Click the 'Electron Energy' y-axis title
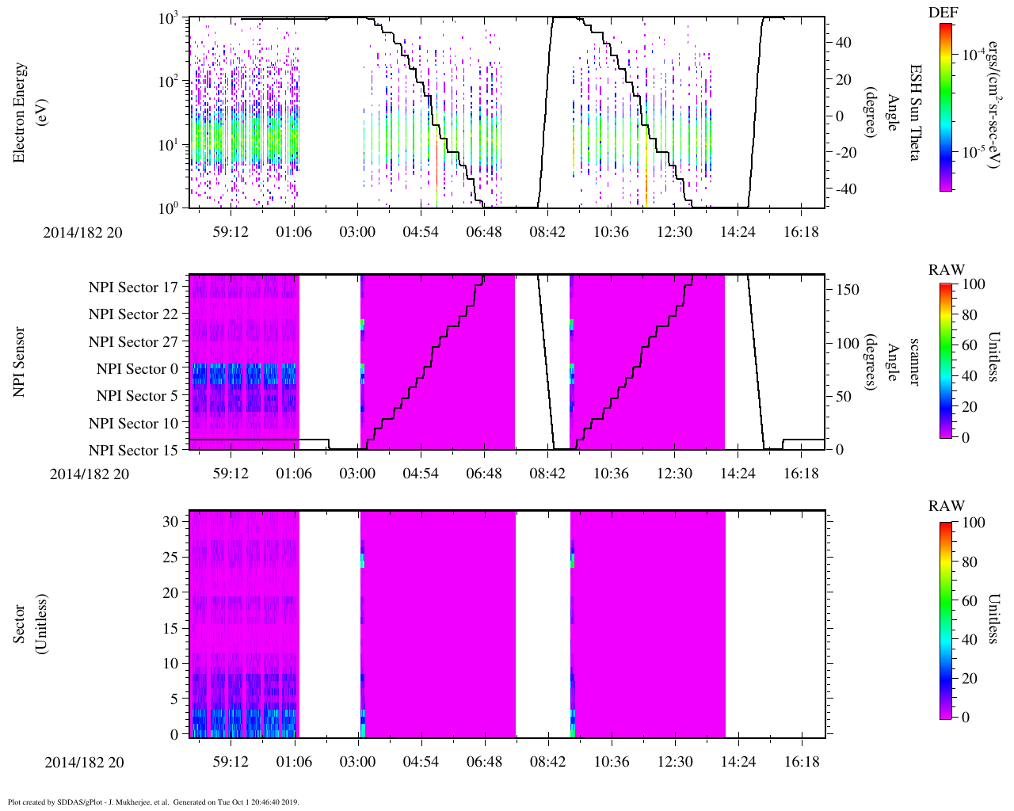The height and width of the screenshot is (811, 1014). tap(20, 112)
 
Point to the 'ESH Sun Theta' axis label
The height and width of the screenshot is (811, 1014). tap(914, 112)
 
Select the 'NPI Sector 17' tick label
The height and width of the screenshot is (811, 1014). tap(133, 287)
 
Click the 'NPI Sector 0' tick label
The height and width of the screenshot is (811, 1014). tap(137, 369)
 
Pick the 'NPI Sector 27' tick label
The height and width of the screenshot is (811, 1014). tap(133, 342)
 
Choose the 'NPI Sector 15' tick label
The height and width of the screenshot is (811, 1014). tap(133, 451)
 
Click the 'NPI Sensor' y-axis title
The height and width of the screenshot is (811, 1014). tap(20, 362)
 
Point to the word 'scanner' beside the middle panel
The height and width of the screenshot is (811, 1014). tap(914, 362)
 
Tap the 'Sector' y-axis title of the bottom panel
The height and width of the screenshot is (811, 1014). tap(20, 623)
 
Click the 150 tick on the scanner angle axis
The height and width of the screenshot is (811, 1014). tap(848, 290)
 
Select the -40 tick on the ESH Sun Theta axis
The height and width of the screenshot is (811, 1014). tap(844, 189)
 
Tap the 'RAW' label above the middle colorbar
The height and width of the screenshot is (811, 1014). tap(946, 270)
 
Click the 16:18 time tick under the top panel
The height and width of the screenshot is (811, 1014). tap(801, 232)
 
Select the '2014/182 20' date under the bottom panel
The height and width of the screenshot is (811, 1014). tap(84, 763)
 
